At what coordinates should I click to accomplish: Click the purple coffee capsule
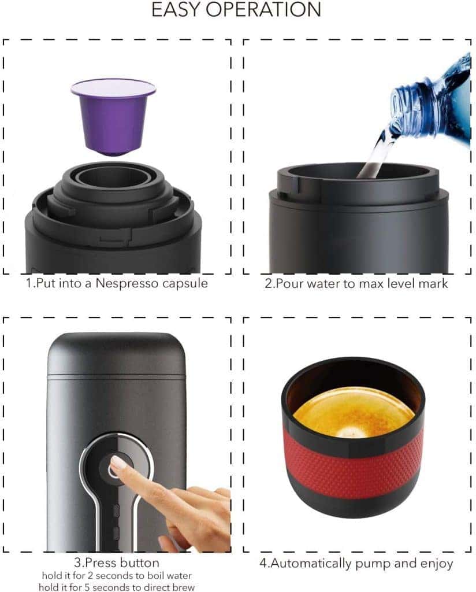click(113, 117)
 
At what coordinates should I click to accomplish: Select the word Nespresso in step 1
click(127, 283)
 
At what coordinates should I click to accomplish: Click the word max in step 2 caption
click(371, 283)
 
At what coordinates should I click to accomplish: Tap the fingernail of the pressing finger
click(117, 462)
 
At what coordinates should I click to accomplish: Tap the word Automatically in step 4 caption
click(311, 563)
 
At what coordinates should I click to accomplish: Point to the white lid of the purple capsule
click(113, 87)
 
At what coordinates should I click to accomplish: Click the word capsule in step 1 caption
click(185, 283)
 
